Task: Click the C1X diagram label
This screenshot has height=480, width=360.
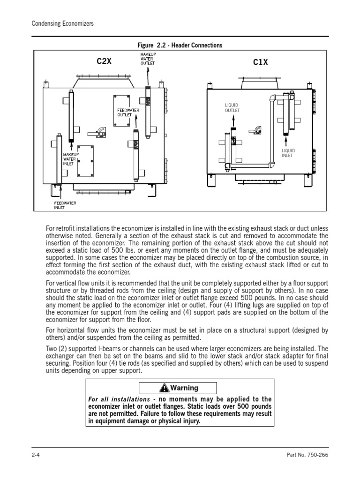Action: click(x=260, y=62)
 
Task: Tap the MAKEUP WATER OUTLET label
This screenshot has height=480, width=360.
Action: click(x=148, y=60)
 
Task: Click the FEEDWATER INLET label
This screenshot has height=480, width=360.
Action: click(x=65, y=205)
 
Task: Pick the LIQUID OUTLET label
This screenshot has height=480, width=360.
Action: click(x=232, y=108)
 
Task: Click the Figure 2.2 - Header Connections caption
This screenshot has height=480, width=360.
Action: click(x=180, y=45)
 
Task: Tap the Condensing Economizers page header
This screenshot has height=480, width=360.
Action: click(x=62, y=23)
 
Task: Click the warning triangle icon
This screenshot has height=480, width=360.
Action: click(x=164, y=388)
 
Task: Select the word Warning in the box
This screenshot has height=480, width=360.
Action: click(x=184, y=388)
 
